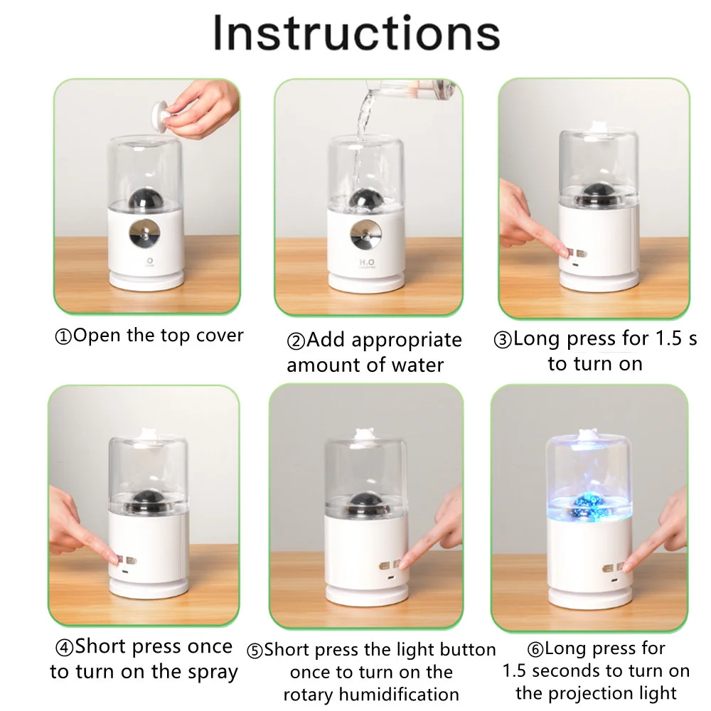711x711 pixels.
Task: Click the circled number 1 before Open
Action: point(63,337)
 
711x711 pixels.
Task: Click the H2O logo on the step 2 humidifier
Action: point(367,264)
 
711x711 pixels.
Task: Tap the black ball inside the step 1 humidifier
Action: point(144,199)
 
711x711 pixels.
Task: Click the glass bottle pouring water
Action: point(408,87)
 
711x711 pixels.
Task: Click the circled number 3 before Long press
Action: point(503,340)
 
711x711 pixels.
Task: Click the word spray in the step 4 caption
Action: point(213,673)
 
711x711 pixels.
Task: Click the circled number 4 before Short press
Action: point(64,648)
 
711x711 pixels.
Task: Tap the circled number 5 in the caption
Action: point(255,651)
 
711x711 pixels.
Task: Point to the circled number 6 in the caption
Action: point(535,649)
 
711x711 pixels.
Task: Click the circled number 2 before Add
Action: point(296,341)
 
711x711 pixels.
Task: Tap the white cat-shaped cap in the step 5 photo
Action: point(363,434)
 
